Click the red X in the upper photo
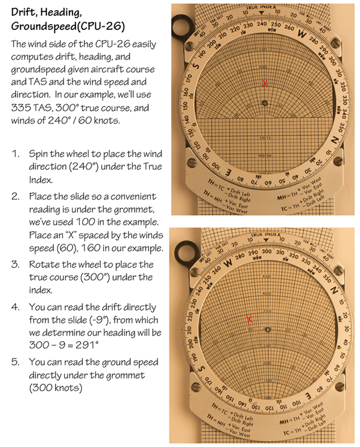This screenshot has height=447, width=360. [265, 83]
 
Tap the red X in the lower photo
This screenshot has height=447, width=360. [249, 319]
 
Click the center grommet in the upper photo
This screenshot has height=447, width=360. [265, 103]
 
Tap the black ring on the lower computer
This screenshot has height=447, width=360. [184, 249]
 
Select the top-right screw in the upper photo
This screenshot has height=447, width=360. [335, 43]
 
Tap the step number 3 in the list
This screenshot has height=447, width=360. [16, 264]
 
